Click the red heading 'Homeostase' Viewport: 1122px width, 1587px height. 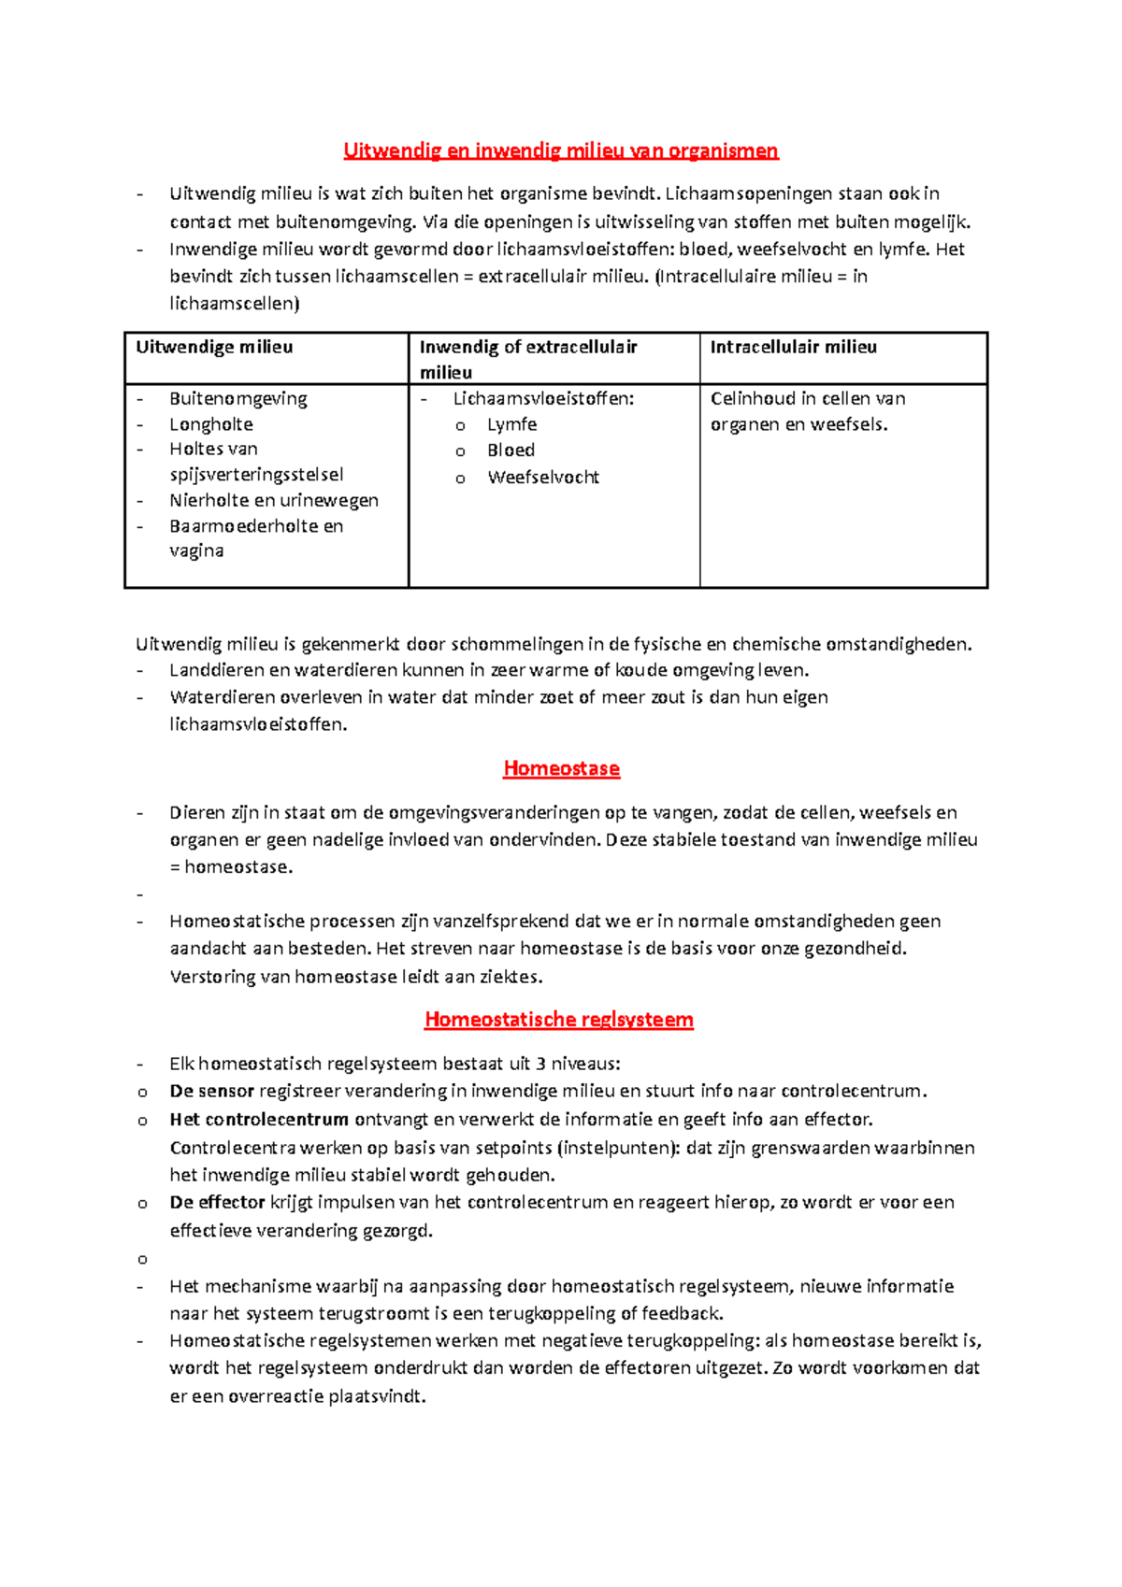(x=561, y=768)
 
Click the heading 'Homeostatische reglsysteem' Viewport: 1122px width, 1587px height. (x=558, y=1019)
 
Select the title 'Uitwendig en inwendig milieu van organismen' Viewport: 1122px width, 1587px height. (x=560, y=150)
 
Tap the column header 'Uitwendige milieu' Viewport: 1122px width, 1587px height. (x=214, y=347)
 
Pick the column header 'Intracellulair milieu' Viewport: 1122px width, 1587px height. (x=793, y=347)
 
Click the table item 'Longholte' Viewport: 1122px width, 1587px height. (x=211, y=424)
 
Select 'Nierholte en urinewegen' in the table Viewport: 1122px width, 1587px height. (x=274, y=500)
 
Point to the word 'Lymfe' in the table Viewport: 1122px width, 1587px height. (x=511, y=424)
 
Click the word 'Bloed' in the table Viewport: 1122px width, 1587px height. (x=511, y=450)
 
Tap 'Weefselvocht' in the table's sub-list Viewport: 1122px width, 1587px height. (x=542, y=478)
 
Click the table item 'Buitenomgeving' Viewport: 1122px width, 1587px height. (x=238, y=398)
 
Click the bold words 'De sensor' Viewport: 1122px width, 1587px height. (x=211, y=1091)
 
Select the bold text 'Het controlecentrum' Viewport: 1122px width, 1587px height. (x=259, y=1119)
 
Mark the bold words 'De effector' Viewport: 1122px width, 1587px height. (x=217, y=1202)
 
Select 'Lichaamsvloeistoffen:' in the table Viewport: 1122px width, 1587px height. (x=543, y=398)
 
